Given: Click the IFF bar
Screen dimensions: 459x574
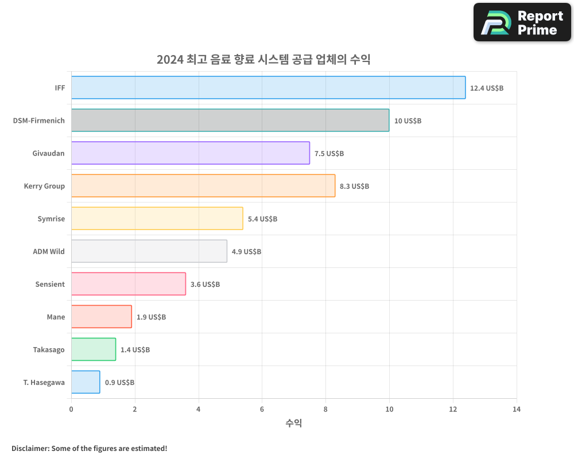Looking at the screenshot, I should point(268,88).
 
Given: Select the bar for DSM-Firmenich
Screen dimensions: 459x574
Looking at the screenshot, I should point(230,120).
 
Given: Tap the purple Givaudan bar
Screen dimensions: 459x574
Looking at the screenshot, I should point(191,153).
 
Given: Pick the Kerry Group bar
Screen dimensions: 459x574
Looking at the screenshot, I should point(203,186).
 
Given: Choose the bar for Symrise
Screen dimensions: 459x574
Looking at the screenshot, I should point(157,219).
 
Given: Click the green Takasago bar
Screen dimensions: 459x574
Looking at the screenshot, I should point(94,349).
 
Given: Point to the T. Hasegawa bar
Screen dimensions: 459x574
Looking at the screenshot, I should point(86,382).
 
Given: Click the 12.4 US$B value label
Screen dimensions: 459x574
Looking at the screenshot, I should point(486,88).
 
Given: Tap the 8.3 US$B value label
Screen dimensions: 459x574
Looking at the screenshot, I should point(354,186).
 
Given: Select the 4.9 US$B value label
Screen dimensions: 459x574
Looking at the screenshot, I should point(246,252).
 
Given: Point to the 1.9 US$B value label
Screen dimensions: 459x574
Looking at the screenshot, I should point(151,317).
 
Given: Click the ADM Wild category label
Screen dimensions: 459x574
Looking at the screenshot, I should point(49,252).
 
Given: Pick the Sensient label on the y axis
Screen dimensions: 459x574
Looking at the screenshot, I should point(50,285).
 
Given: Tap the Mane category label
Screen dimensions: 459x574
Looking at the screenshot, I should point(56,317).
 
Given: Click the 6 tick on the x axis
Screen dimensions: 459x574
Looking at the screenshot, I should point(262,410).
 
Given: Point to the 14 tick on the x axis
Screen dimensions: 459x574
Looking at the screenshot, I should point(517,410).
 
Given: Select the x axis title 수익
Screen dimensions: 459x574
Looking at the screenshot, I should point(293,423).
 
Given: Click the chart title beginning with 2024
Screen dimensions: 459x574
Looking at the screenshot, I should point(263,60).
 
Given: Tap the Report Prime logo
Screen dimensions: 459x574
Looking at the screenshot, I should point(522,22).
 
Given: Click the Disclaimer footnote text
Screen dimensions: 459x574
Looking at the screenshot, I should point(90,448).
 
